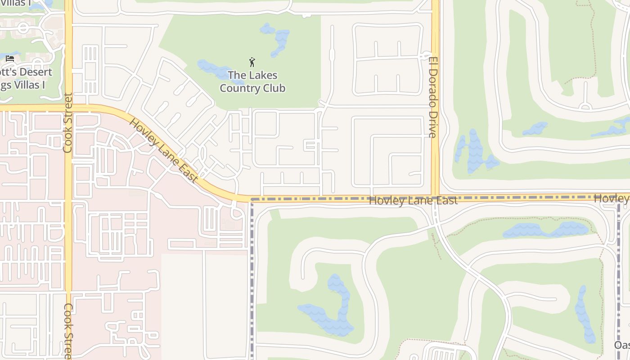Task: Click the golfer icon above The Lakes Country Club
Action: pos(252,62)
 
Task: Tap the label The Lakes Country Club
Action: pos(252,81)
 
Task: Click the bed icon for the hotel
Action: pos(10,58)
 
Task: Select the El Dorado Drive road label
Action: pos(433,97)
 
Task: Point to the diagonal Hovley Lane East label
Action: pos(163,150)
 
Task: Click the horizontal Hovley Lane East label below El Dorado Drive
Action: pos(413,201)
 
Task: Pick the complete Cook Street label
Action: pos(68,122)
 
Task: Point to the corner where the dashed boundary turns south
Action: pos(252,199)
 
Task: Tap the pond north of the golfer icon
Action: pos(275,39)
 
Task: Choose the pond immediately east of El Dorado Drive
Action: pos(472,152)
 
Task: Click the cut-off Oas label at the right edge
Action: pos(622,345)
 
